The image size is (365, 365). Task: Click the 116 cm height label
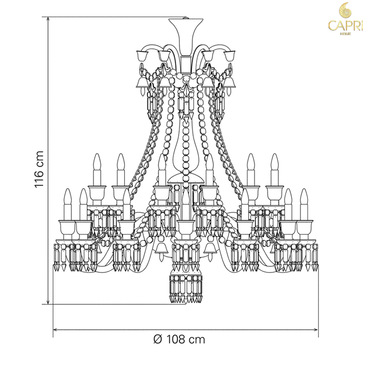click(39, 169)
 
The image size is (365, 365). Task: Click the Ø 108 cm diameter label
click(179, 339)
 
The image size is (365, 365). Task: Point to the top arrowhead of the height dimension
click(48, 19)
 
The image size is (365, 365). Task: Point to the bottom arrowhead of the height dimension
click(48, 302)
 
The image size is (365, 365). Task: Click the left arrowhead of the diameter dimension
click(56, 329)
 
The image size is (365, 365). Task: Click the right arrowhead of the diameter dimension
click(315, 329)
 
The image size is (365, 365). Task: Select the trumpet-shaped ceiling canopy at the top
click(186, 37)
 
